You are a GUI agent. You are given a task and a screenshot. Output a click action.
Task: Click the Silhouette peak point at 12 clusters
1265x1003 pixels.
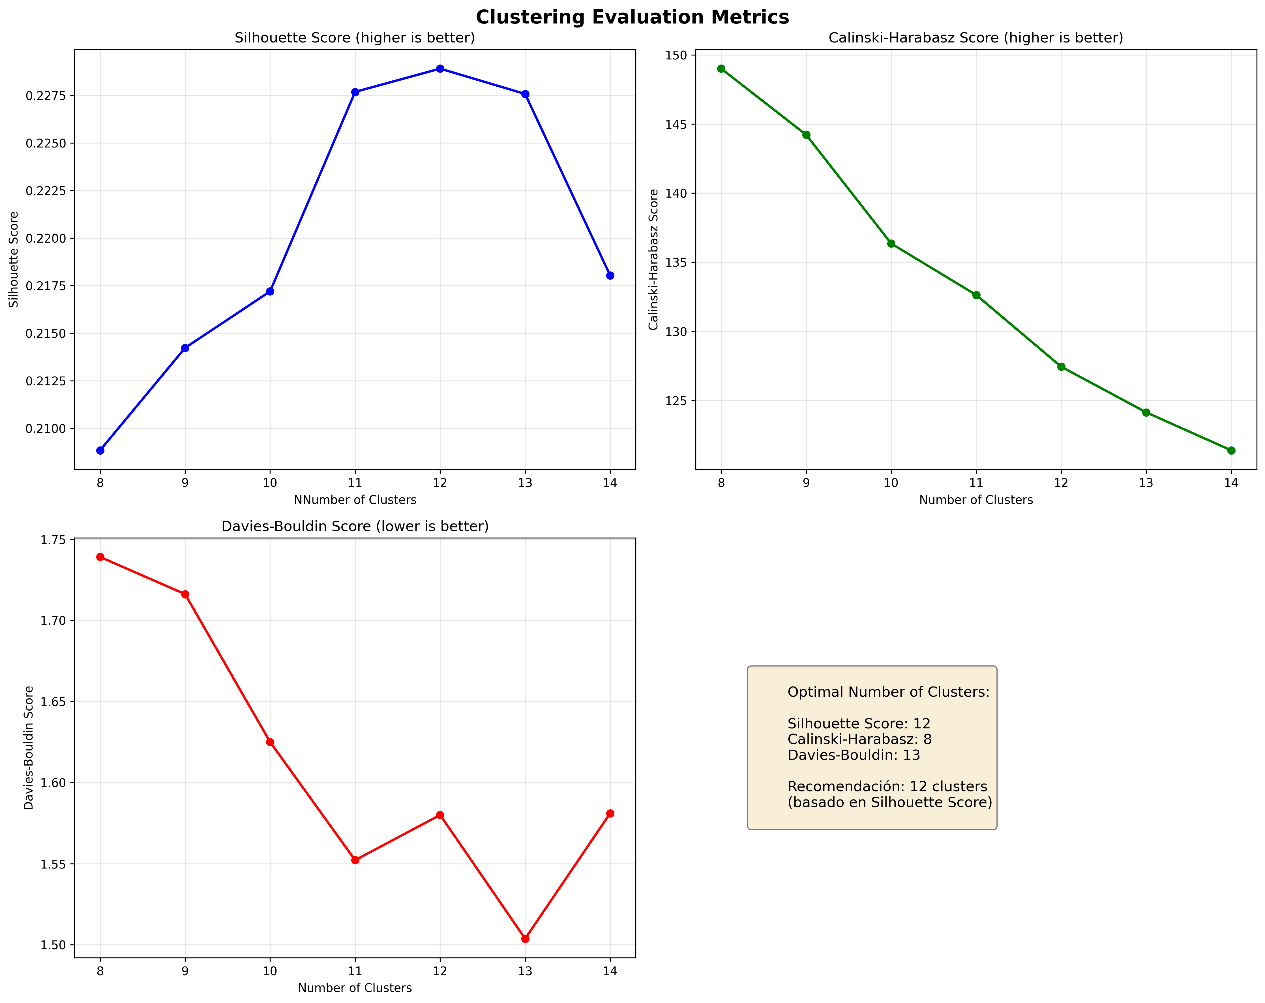440,69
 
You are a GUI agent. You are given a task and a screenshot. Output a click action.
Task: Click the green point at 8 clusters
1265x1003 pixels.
721,69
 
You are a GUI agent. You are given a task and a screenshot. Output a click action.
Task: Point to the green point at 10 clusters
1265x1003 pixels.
891,243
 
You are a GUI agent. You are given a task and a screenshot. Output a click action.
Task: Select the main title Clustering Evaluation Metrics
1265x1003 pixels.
632,17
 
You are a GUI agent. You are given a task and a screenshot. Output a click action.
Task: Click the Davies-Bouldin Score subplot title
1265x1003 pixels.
355,527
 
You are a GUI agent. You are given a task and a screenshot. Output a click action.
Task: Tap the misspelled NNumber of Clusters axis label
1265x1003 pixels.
355,500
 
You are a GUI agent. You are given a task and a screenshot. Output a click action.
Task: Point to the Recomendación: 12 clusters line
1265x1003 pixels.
887,786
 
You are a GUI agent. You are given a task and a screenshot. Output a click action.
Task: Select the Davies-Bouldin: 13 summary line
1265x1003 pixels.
854,755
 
